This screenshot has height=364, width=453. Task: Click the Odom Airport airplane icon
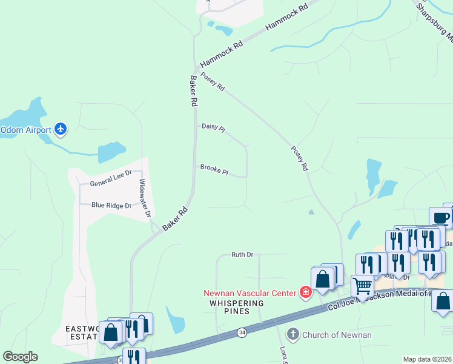(x=60, y=129)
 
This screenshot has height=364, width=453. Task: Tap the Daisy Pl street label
(x=213, y=127)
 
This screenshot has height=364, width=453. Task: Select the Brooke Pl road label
(x=214, y=169)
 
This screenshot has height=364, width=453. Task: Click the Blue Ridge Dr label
(x=111, y=205)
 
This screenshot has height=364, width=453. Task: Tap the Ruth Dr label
(x=242, y=255)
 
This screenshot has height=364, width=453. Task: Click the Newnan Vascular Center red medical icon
(x=306, y=293)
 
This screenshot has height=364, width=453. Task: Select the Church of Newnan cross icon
(x=293, y=334)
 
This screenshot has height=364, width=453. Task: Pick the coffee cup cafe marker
(x=440, y=217)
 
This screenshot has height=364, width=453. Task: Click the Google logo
(x=20, y=357)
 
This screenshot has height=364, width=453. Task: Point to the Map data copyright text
(x=427, y=359)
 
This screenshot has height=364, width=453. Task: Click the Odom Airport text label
(x=25, y=129)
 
